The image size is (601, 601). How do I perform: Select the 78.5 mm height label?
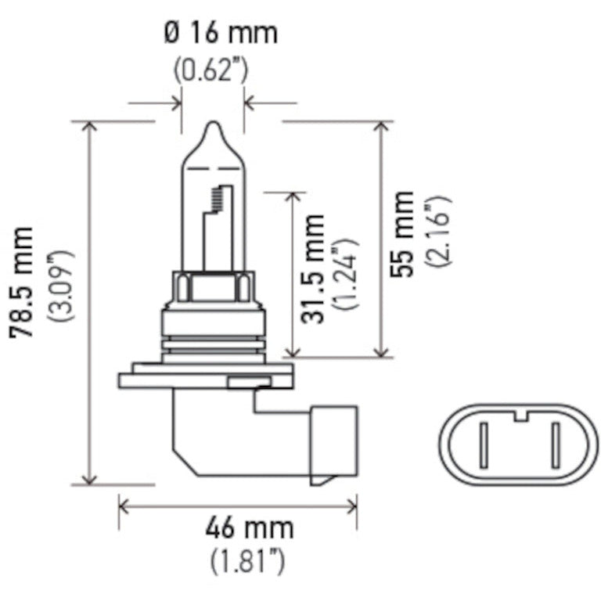(x=23, y=283)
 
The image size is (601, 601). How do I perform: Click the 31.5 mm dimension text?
(x=314, y=269)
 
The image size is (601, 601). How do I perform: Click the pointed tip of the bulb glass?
(x=213, y=125)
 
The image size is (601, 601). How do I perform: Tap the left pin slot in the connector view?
(x=484, y=443)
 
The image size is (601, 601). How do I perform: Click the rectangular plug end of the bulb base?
(x=335, y=442)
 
